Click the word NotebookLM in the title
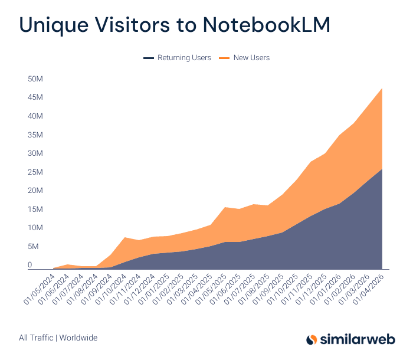pyautogui.click(x=267, y=25)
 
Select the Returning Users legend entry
pyautogui.click(x=177, y=58)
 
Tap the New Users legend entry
pyautogui.click(x=244, y=58)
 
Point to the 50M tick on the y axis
pyautogui.click(x=35, y=79)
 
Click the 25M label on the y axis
pyautogui.click(x=35, y=172)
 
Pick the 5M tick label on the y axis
pyautogui.click(x=33, y=247)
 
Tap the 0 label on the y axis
pyautogui.click(x=29, y=264)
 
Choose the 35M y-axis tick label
pyautogui.click(x=35, y=135)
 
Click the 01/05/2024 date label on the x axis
pyautogui.click(x=40, y=289)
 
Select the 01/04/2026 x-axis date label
pyautogui.click(x=368, y=289)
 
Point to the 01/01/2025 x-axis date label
pyautogui.click(x=153, y=289)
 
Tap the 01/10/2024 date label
pyautogui.click(x=111, y=289)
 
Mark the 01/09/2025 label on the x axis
pyautogui.click(x=268, y=289)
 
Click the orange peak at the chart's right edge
pyautogui.click(x=382, y=89)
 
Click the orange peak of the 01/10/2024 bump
pyautogui.click(x=124, y=237)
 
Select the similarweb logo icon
pyautogui.click(x=312, y=339)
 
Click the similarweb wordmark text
pyautogui.click(x=358, y=339)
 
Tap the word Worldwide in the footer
pyautogui.click(x=78, y=338)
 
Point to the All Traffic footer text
pyautogui.click(x=36, y=338)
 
